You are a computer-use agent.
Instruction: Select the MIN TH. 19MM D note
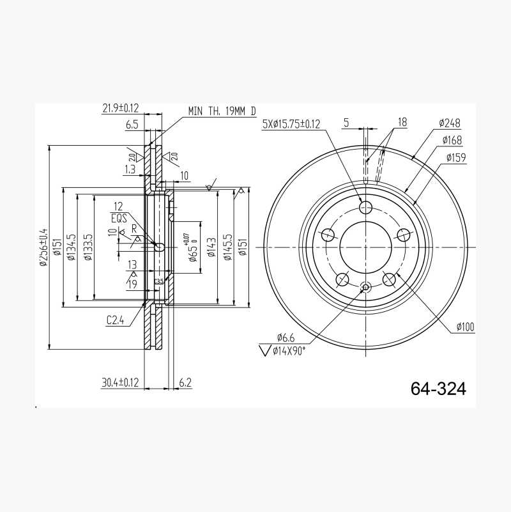click(222, 111)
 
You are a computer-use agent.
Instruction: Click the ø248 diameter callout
click(450, 123)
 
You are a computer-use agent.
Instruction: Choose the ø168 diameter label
click(451, 140)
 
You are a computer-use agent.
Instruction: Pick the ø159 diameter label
click(456, 157)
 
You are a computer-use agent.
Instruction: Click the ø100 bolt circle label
click(465, 327)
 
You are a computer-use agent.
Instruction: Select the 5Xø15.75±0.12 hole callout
click(291, 125)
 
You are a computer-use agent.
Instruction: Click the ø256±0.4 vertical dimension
click(43, 247)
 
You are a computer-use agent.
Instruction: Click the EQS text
click(119, 218)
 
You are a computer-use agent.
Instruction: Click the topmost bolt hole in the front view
click(366, 207)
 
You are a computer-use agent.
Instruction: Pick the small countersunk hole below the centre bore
click(365, 288)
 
